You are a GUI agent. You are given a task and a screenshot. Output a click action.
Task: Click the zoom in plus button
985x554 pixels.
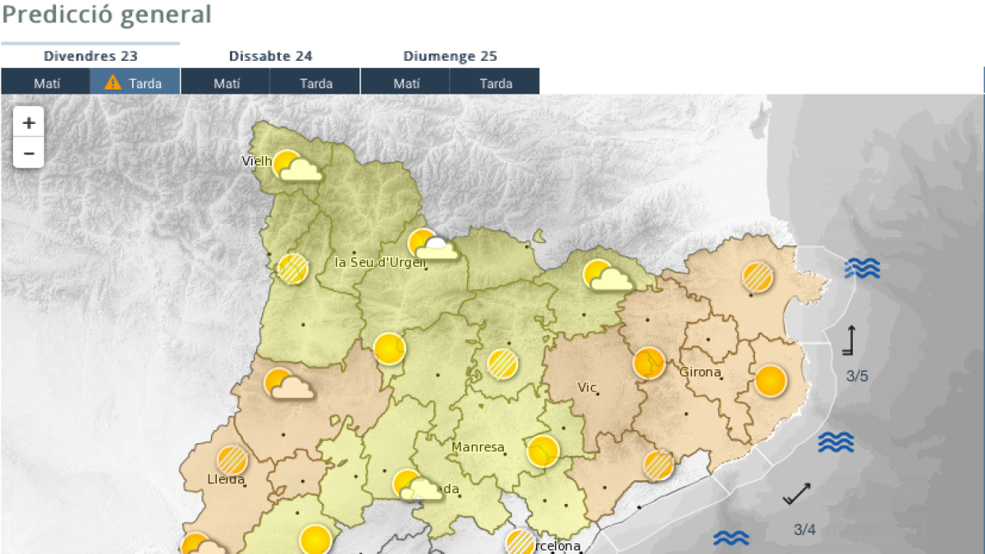29,123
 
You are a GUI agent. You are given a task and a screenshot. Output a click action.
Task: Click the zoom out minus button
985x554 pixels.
29,153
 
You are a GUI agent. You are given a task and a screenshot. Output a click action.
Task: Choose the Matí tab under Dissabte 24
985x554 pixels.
227,83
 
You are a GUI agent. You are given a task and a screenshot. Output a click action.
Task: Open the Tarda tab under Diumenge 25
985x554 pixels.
496,83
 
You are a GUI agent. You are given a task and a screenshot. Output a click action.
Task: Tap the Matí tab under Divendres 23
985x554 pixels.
47,83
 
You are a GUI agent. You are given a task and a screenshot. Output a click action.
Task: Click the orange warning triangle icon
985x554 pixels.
113,82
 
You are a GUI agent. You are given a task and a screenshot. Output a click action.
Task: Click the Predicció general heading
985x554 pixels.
107,15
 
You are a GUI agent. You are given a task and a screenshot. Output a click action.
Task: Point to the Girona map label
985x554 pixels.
700,372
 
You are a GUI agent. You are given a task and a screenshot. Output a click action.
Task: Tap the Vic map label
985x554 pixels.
587,387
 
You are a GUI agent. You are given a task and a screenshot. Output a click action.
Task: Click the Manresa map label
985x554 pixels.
477,447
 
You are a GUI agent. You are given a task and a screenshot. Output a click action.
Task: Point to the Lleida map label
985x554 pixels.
226,479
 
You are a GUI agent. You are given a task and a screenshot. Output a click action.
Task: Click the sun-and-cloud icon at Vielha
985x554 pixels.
295,166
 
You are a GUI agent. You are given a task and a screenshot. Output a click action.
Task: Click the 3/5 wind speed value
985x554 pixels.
857,377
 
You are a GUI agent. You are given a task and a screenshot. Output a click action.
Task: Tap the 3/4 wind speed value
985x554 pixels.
804,529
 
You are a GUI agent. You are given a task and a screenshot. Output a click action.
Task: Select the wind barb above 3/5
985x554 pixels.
850,340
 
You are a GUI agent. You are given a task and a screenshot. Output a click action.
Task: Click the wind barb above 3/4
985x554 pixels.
797,492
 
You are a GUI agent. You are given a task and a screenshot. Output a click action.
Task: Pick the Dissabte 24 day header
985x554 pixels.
270,56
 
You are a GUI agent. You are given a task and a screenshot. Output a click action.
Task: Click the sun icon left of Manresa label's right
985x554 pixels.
543,451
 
